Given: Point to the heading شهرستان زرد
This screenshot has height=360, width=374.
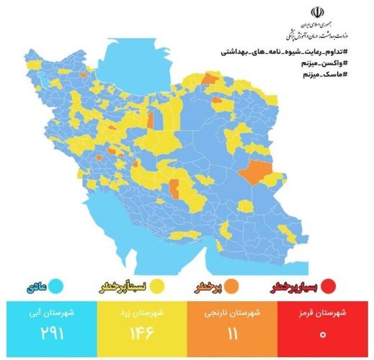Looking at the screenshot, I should (x=142, y=312).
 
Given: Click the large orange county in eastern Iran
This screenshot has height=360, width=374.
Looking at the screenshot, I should (x=254, y=173).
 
